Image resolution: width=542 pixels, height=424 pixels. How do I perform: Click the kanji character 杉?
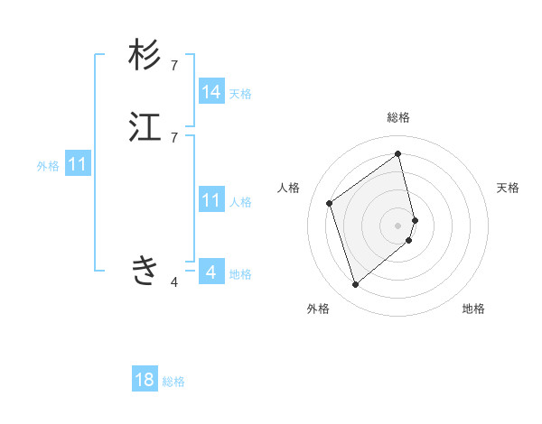tap(145, 56)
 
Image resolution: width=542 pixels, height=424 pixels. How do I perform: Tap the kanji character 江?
tap(145, 127)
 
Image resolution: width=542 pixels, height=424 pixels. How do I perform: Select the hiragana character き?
tap(145, 269)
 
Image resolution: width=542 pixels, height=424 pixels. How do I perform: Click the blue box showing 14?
tap(211, 92)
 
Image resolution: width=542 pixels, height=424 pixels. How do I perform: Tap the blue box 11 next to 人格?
tap(211, 200)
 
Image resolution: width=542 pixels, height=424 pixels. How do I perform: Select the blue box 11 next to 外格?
tap(78, 165)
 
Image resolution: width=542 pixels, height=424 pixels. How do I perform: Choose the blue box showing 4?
tap(211, 272)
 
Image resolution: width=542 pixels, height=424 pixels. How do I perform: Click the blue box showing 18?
tap(145, 380)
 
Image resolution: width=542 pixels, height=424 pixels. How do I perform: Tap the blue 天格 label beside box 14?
tap(240, 94)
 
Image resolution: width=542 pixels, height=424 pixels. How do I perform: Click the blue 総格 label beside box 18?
tap(173, 382)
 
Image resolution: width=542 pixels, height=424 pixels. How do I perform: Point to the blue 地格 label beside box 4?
tap(240, 274)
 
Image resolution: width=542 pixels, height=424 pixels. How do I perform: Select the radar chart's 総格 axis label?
tap(398, 117)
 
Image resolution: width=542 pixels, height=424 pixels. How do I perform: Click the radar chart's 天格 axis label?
tap(509, 188)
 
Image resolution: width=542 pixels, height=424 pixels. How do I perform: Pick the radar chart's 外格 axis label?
tap(318, 309)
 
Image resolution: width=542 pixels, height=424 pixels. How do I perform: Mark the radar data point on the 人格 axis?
tap(330, 203)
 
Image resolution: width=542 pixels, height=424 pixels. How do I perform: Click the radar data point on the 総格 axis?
tap(398, 154)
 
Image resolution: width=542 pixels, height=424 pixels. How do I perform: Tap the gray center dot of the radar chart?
tap(398, 225)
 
